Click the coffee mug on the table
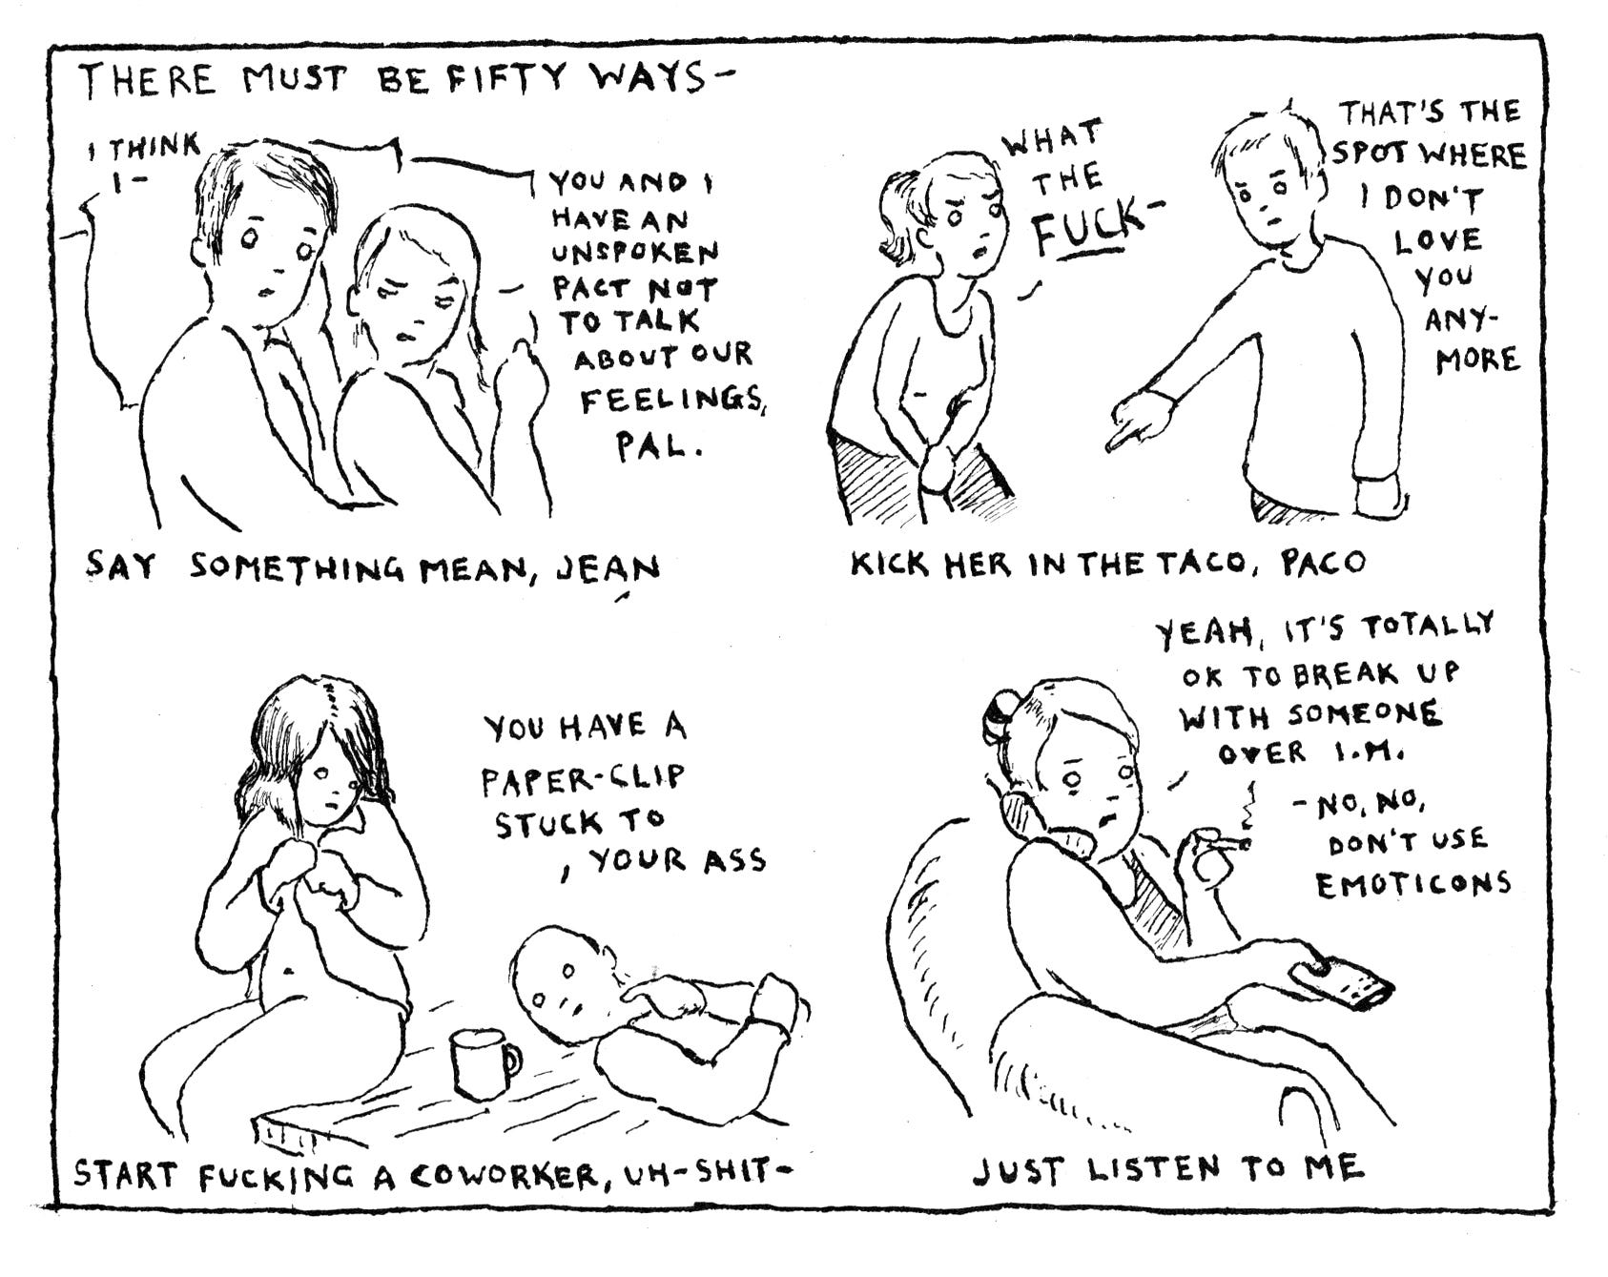tap(484, 1061)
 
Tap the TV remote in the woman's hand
tap(1341, 987)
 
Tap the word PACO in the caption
tap(1323, 563)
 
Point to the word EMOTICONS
tap(1413, 883)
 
